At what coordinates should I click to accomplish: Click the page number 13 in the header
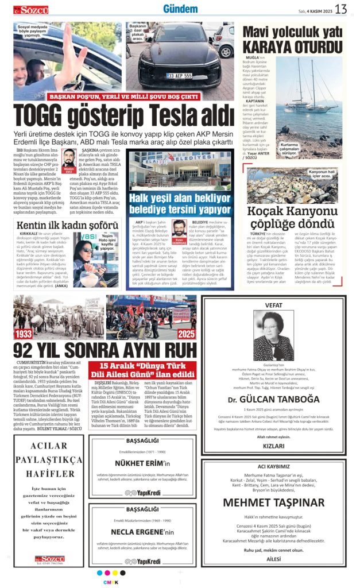pos(342,9)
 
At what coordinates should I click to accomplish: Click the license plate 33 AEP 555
pos(179,75)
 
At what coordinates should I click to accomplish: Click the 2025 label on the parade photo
pos(185,334)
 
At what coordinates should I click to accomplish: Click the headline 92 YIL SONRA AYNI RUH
pos(105,350)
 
